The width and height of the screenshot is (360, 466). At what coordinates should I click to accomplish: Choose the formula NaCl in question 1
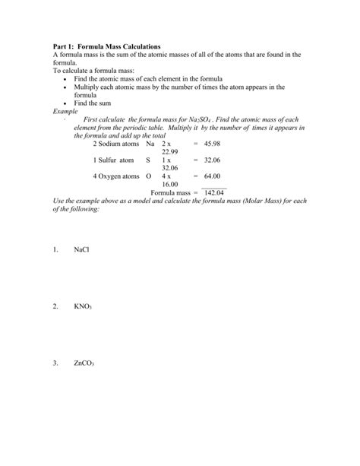coord(81,249)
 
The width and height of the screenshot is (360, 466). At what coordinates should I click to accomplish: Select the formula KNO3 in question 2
coord(83,306)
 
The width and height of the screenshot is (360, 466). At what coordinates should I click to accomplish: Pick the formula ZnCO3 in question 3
coord(84,363)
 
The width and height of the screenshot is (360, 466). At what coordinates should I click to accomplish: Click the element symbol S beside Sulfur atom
coord(148,160)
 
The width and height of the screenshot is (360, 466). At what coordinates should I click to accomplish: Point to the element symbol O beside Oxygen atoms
coord(149,176)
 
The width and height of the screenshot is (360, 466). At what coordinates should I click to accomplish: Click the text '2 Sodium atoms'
coord(116,143)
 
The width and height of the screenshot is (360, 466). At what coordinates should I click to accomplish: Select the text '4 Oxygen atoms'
coord(116,176)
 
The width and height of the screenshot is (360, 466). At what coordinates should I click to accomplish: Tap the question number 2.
coord(55,306)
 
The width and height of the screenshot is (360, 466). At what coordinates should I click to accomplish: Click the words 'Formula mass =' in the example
coord(172,192)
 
